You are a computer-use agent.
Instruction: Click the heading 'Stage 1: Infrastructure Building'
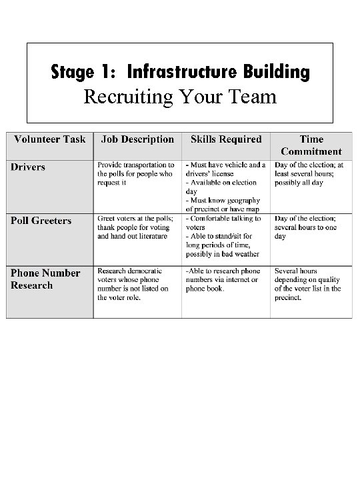(x=180, y=71)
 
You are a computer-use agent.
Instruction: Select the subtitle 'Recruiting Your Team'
(x=179, y=97)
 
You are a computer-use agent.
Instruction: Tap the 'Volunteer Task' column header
(x=47, y=139)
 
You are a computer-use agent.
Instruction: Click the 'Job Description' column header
(x=137, y=139)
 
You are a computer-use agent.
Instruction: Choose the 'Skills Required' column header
(x=226, y=139)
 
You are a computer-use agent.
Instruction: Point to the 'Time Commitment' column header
(x=311, y=145)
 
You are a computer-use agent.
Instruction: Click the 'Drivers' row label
(x=28, y=167)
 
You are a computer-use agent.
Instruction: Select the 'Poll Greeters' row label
(x=41, y=221)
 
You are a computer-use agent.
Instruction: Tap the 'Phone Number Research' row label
(x=45, y=279)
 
